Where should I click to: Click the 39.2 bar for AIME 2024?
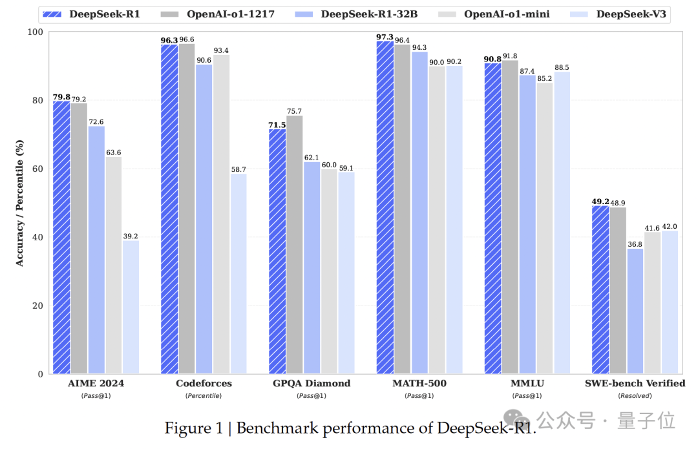coord(131,307)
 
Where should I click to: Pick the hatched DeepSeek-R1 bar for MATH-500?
coord(385,207)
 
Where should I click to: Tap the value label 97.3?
coord(385,37)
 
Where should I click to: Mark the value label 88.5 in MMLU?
coord(562,67)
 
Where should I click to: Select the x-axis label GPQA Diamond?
coord(312,383)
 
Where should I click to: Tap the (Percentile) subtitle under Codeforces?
coord(204,395)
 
